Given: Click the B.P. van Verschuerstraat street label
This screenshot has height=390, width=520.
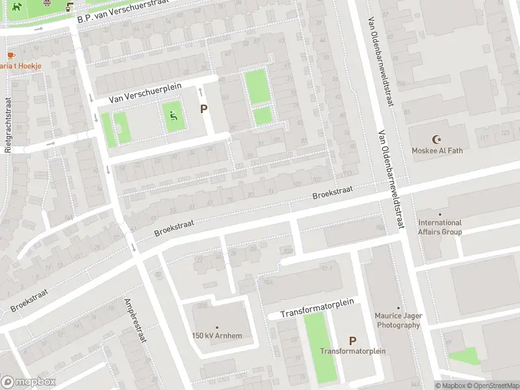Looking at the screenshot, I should coord(122,11).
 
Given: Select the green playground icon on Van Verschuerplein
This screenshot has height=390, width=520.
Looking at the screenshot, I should coord(173,116).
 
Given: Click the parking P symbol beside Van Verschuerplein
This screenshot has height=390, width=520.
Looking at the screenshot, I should coord(203,110).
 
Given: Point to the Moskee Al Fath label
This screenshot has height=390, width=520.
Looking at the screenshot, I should coord(436,150).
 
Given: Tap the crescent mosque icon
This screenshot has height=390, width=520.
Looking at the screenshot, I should coord(436,139).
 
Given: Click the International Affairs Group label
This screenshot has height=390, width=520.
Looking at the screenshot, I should coord(440,227).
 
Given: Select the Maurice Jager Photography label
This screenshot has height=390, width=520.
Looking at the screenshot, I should coord(398,320).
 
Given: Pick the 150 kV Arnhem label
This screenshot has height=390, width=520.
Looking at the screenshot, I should coord(217,335).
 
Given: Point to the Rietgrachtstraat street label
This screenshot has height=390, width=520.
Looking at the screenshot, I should coord(8,125).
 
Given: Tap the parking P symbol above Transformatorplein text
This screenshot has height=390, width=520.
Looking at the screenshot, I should coord(352,340).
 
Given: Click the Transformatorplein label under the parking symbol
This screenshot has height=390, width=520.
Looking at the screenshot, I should coord(352,351).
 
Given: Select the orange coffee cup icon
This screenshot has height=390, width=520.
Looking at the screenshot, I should coord(10,55).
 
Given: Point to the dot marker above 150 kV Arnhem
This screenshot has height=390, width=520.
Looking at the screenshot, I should coord(217,328).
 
